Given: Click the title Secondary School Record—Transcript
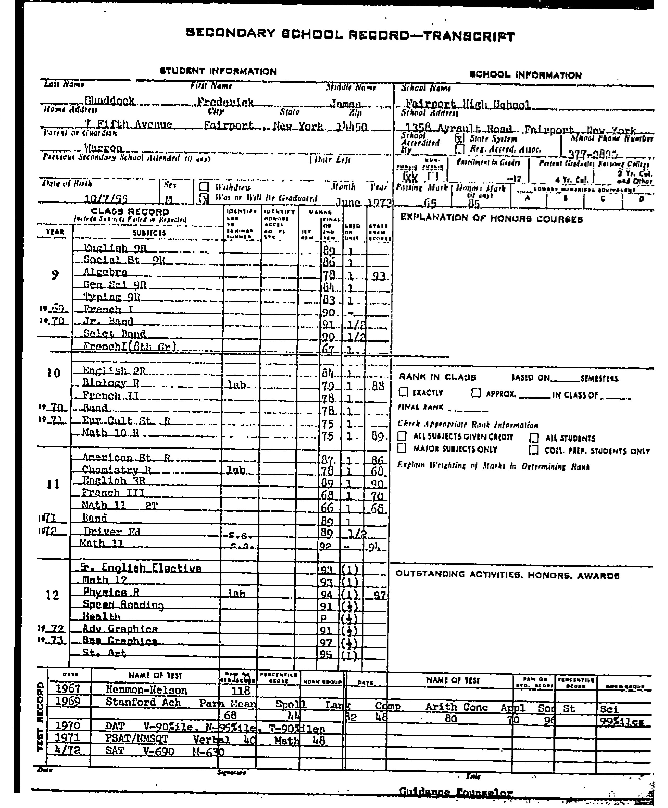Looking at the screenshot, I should point(350,35).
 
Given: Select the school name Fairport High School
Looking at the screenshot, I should point(468,104).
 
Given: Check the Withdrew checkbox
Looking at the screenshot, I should point(204,187).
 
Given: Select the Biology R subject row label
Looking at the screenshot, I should point(111,383).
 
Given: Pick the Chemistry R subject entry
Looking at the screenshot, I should point(116,470).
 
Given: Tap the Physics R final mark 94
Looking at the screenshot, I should point(327,595).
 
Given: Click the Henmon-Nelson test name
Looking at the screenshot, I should point(146,690).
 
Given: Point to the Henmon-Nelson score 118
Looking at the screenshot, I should point(241,691).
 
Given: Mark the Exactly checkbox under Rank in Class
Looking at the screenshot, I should point(403,392).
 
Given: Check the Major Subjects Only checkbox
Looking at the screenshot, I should point(402,448).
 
